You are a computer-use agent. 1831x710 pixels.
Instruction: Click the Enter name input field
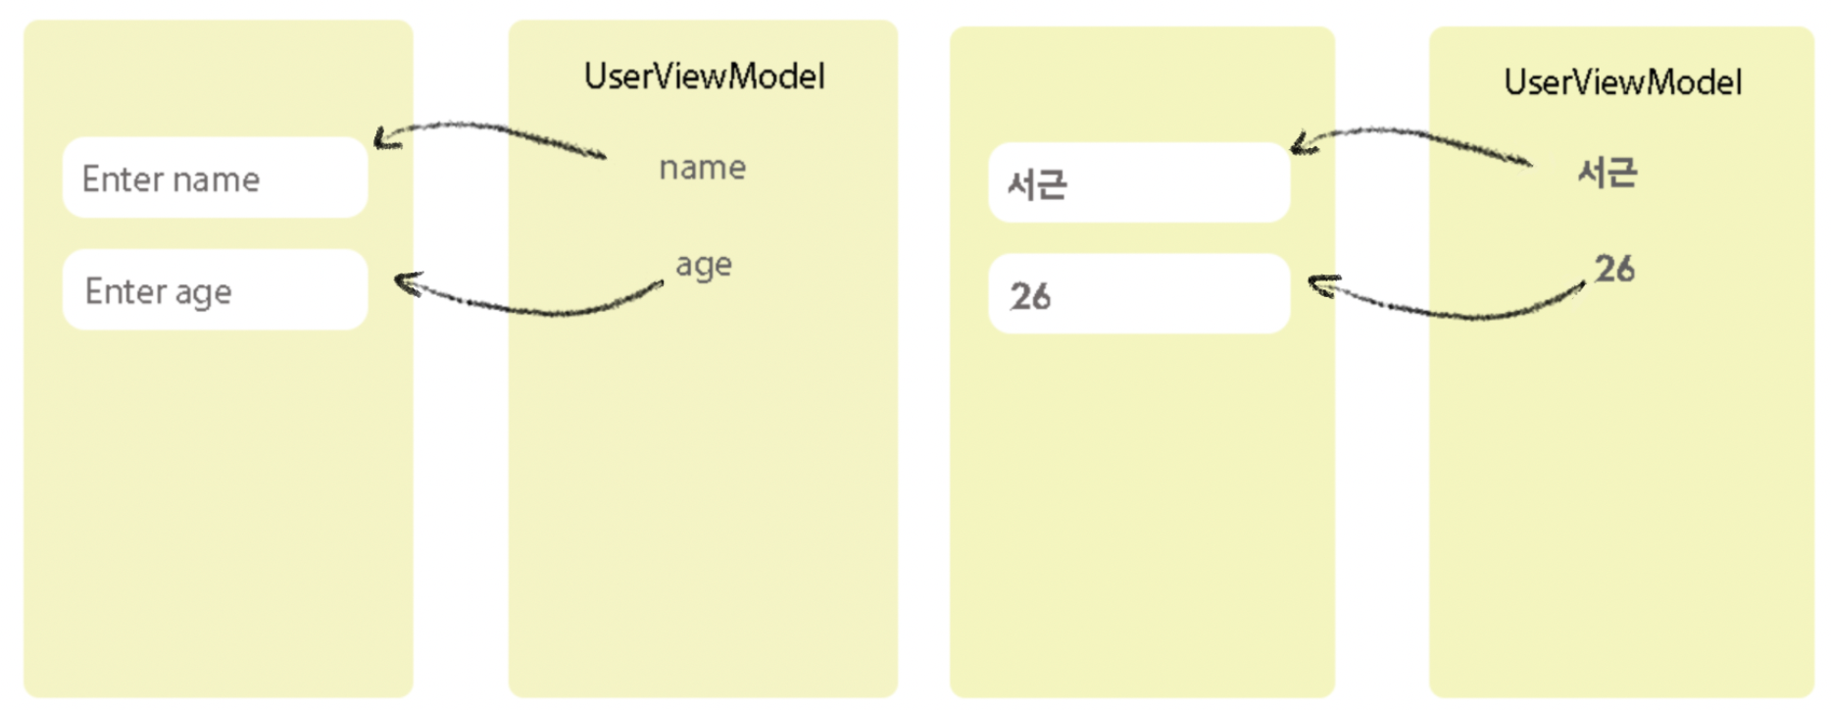(215, 177)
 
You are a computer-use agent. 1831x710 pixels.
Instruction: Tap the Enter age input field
(215, 289)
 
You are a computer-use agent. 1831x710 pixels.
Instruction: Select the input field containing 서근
(1139, 182)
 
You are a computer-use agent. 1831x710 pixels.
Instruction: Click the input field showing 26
(1139, 294)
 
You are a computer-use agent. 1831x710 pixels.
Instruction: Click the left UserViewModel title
(704, 76)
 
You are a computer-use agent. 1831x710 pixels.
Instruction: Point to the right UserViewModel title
(1622, 82)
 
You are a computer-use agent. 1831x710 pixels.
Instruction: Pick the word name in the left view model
(702, 168)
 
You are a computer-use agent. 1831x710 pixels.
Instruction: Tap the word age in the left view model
(703, 265)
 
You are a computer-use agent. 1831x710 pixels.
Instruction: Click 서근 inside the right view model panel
(1607, 173)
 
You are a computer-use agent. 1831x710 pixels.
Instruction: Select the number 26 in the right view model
(1613, 269)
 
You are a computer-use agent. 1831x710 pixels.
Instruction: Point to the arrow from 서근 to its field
(1411, 135)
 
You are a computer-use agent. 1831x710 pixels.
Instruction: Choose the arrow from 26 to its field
(1451, 313)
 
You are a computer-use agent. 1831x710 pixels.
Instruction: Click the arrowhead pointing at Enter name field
(382, 140)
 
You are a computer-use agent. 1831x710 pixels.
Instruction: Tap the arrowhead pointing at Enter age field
(403, 283)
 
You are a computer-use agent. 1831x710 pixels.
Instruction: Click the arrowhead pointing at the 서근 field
(1300, 145)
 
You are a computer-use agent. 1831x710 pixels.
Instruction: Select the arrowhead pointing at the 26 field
(1318, 285)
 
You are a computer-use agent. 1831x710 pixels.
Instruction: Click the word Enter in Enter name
(123, 179)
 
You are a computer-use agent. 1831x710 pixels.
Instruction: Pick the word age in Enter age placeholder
(203, 292)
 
